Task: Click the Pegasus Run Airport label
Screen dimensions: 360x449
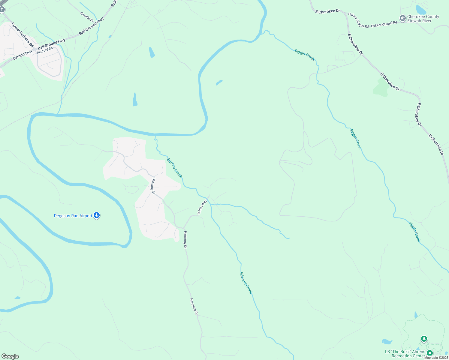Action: point(73,216)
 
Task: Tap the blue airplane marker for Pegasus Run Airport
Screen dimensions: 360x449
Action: point(97,215)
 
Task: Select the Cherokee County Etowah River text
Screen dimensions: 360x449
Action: point(423,19)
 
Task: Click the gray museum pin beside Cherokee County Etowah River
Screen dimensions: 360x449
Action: point(403,18)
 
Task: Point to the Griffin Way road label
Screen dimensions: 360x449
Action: point(202,207)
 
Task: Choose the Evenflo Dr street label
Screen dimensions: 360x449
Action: point(87,17)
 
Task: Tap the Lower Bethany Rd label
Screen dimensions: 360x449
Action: point(23,35)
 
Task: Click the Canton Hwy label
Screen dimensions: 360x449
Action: point(23,55)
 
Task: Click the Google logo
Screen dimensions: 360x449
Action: point(10,356)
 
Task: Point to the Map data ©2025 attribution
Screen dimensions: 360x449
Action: point(436,358)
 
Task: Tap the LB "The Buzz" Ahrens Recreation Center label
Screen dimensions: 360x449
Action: point(405,354)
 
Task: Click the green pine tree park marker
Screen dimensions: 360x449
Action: point(424,339)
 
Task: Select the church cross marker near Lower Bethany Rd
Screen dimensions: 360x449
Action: point(2,10)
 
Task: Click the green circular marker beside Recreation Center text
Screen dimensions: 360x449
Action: point(429,353)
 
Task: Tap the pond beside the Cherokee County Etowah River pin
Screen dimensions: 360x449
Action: point(420,10)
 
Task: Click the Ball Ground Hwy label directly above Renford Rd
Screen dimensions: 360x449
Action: point(52,44)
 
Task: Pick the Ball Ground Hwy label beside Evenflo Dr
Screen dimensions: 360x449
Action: point(92,26)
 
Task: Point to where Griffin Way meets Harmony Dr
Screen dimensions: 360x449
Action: point(184,228)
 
